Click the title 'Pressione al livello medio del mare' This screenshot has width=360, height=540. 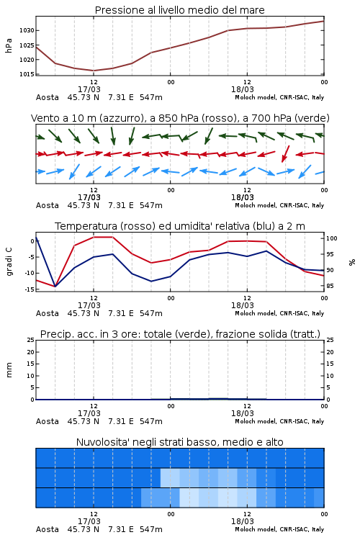[179, 10]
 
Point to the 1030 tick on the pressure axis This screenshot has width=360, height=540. [27, 31]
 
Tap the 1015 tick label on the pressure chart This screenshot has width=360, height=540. [27, 74]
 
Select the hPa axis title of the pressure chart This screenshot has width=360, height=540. [9, 45]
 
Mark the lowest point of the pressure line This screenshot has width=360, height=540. [94, 71]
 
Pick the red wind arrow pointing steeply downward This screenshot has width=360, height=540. [285, 153]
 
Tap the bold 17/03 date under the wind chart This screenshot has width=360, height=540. [89, 197]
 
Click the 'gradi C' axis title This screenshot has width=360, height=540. [9, 261]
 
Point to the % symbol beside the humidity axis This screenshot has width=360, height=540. [352, 262]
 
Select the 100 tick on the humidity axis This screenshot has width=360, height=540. [332, 238]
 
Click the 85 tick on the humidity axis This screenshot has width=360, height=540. [330, 286]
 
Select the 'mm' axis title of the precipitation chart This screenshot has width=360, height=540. [9, 370]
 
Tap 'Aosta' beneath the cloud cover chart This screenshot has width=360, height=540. [48, 529]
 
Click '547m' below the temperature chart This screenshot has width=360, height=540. [151, 313]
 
